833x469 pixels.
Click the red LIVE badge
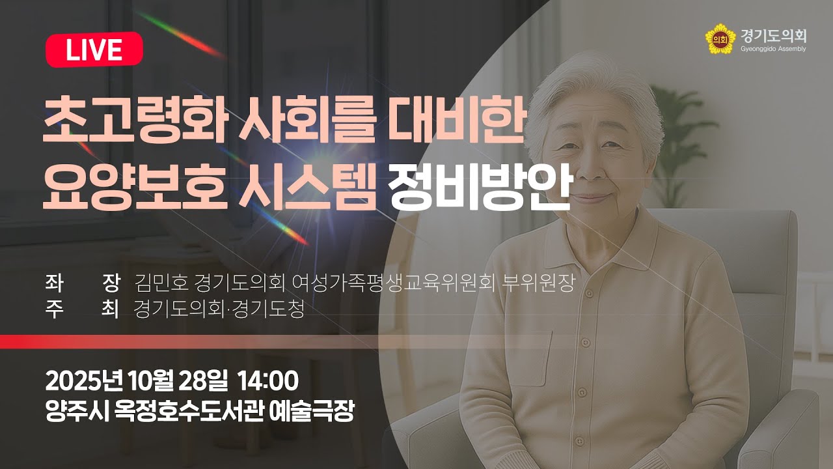coord(94,50)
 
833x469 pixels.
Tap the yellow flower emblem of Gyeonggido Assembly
coord(719,39)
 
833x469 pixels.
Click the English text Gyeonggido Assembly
coord(773,49)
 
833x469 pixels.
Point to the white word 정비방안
coord(479,187)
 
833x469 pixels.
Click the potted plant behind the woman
coord(677,130)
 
